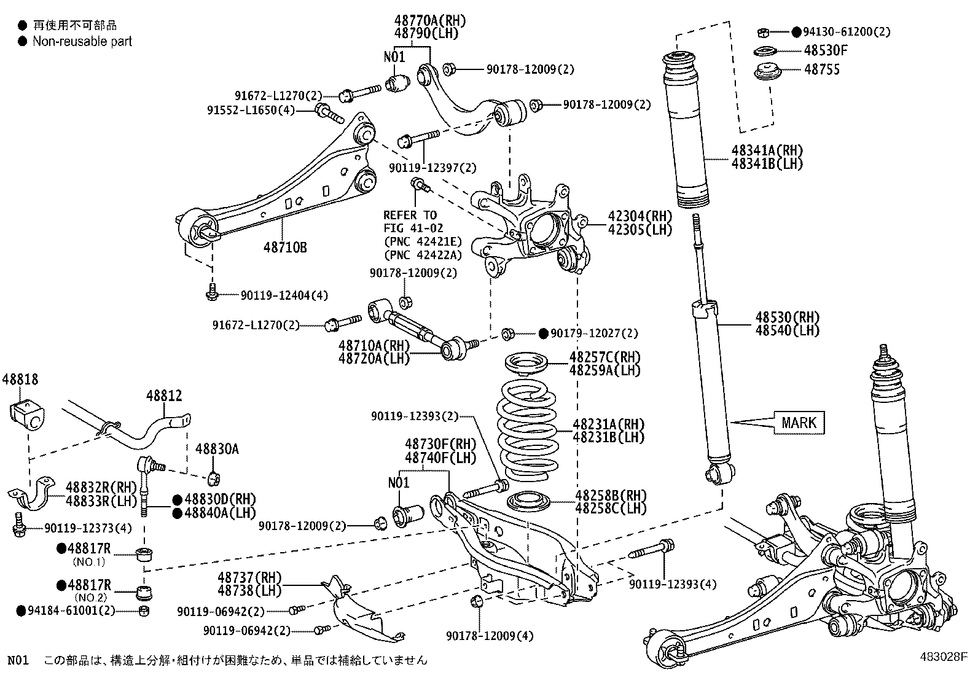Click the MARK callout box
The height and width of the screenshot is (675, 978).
(799, 423)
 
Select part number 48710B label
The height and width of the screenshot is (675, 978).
(285, 248)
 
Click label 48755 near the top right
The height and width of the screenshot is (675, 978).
(821, 69)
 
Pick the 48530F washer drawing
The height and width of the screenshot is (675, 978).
(764, 51)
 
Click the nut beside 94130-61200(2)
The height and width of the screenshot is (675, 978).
(760, 31)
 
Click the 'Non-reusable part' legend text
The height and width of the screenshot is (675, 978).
(82, 42)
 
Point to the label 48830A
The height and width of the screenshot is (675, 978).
(216, 449)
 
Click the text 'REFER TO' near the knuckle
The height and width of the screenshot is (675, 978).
(410, 215)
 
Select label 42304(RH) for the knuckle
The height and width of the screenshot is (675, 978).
(640, 216)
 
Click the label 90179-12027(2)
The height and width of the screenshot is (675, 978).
(594, 334)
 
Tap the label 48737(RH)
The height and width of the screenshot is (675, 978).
(249, 577)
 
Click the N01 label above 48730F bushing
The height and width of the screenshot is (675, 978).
(398, 482)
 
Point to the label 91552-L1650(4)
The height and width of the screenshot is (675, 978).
(251, 111)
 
